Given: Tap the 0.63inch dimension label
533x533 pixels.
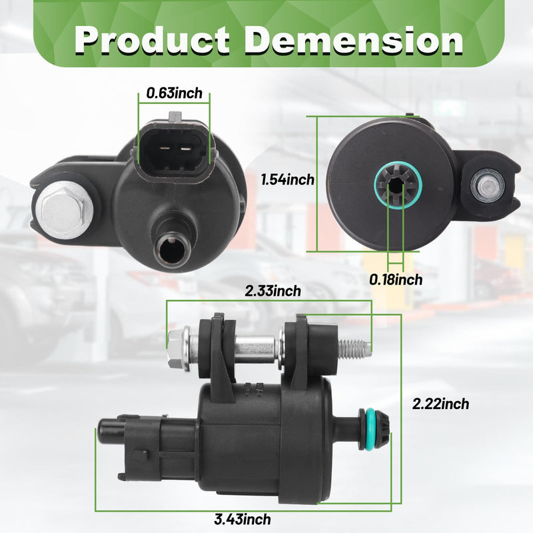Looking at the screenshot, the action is point(174,93).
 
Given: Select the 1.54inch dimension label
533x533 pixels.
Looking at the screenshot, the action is point(288,179).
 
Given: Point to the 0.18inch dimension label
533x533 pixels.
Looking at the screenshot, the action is point(396,279).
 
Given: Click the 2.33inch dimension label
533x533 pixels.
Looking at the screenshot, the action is point(273,291).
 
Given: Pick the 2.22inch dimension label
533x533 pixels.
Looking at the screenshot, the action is point(440,404).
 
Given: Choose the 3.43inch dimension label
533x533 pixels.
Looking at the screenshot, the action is point(243,520).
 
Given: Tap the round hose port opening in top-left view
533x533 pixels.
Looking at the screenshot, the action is point(173,251).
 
